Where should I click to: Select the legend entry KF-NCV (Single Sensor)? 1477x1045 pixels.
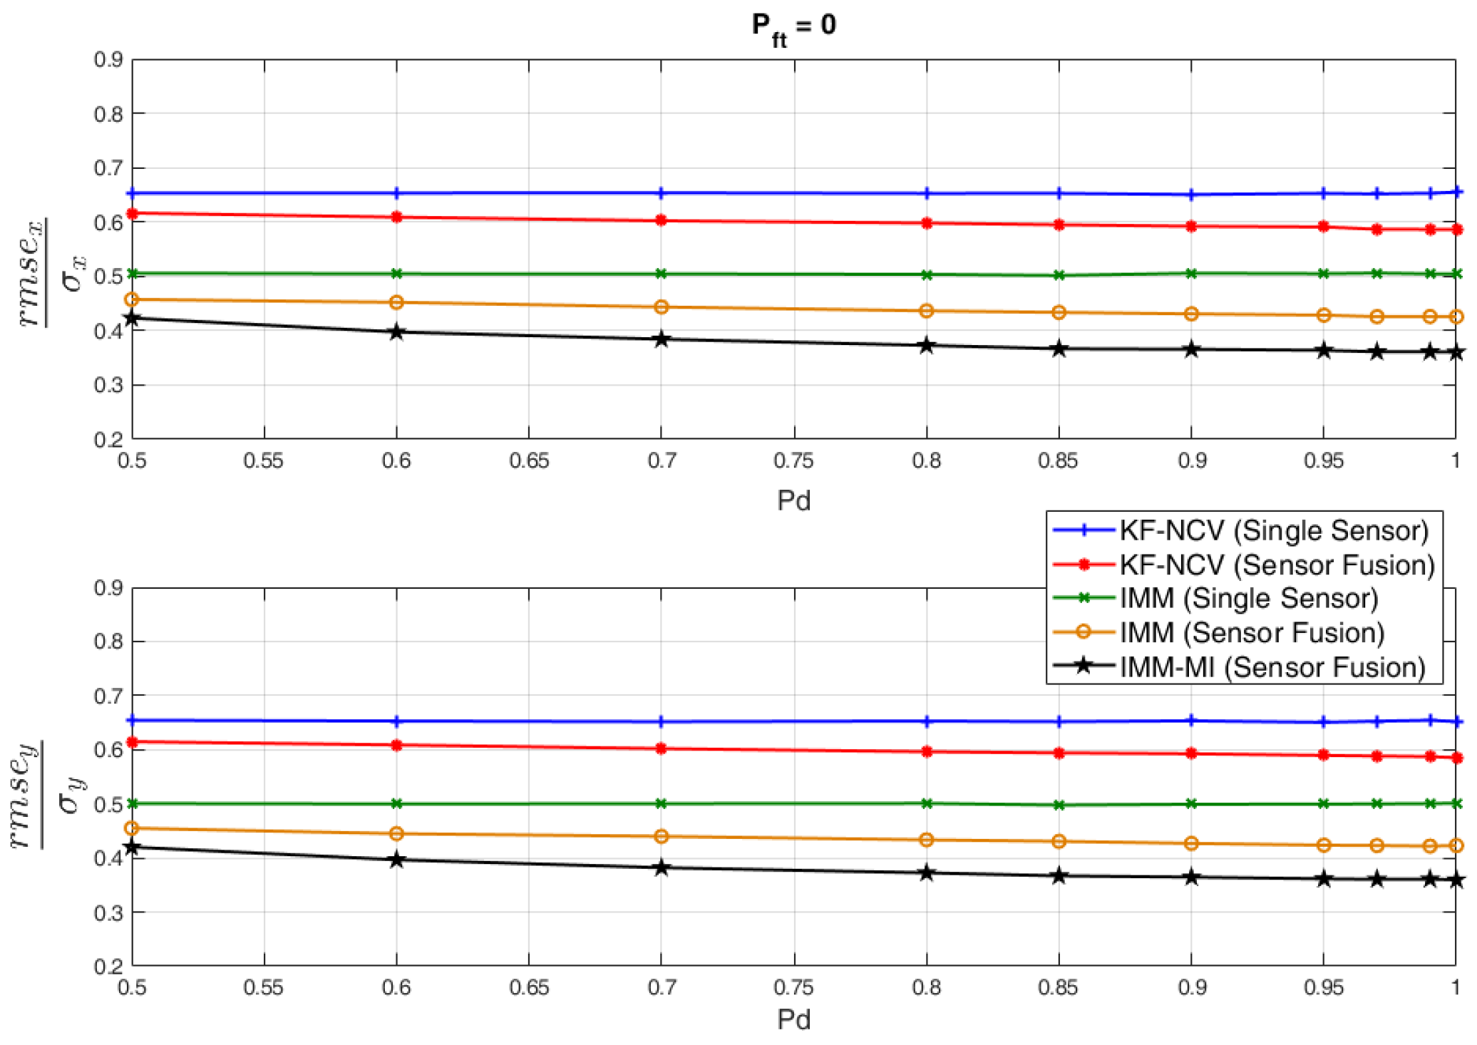point(1274,530)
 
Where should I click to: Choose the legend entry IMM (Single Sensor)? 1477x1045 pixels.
point(1249,598)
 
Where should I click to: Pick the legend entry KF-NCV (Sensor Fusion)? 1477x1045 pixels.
point(1277,565)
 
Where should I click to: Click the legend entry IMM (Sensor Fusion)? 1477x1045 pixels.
point(1252,632)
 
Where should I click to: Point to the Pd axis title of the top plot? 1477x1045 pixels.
point(793,500)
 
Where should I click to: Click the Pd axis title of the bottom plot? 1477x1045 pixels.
point(793,1019)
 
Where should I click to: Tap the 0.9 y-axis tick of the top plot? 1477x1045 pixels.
point(108,59)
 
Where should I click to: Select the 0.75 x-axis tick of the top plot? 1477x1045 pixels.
point(793,461)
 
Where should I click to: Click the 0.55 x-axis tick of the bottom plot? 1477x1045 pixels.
point(264,988)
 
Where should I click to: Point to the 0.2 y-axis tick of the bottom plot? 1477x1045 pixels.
point(108,967)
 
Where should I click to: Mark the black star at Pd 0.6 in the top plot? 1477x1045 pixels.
point(397,332)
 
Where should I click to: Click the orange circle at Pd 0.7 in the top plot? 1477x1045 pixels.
point(661,307)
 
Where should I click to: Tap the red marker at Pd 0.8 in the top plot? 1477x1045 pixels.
point(927,223)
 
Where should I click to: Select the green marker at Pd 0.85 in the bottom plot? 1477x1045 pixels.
point(1059,805)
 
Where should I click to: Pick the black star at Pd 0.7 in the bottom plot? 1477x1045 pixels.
point(661,868)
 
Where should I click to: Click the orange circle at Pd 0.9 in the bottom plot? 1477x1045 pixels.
point(1191,844)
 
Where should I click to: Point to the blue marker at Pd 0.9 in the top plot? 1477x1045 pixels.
point(1191,195)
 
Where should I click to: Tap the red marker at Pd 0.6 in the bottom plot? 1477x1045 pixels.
point(397,746)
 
